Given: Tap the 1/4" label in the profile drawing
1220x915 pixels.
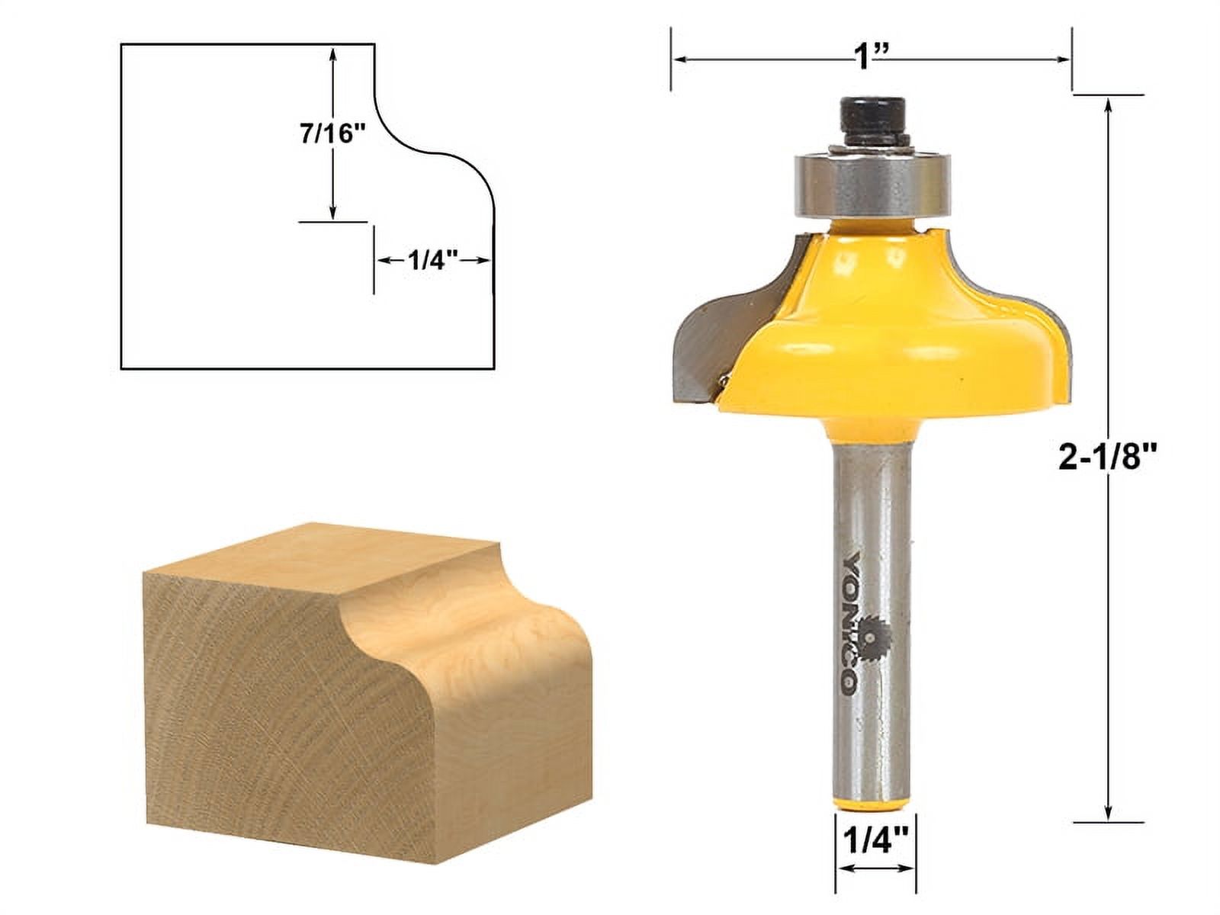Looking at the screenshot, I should [432, 261].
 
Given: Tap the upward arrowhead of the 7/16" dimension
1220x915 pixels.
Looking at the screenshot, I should [333, 53].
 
